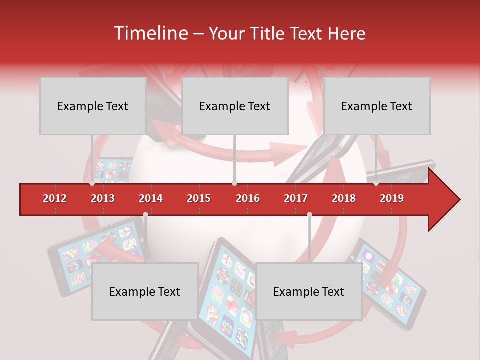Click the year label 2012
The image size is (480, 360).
[x=55, y=198]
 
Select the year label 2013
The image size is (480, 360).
[x=103, y=198]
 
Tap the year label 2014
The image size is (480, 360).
[x=151, y=198]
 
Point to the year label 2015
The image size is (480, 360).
[x=199, y=198]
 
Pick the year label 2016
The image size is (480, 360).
[x=248, y=198]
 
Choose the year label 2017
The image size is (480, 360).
[x=296, y=198]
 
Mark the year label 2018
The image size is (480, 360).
[x=344, y=198]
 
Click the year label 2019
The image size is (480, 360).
[x=392, y=198]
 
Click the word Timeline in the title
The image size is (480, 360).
[x=150, y=33]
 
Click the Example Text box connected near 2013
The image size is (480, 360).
[x=93, y=106]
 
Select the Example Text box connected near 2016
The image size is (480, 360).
[x=235, y=106]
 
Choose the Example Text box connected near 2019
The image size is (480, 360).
[x=377, y=106]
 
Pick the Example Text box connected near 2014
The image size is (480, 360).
[x=145, y=291]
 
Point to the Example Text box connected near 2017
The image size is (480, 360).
[x=309, y=291]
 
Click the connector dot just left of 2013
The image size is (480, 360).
[x=92, y=183]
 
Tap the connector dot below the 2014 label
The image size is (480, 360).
[x=145, y=214]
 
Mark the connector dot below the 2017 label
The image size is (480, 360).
[x=309, y=214]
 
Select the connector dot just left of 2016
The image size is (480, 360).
[x=234, y=183]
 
